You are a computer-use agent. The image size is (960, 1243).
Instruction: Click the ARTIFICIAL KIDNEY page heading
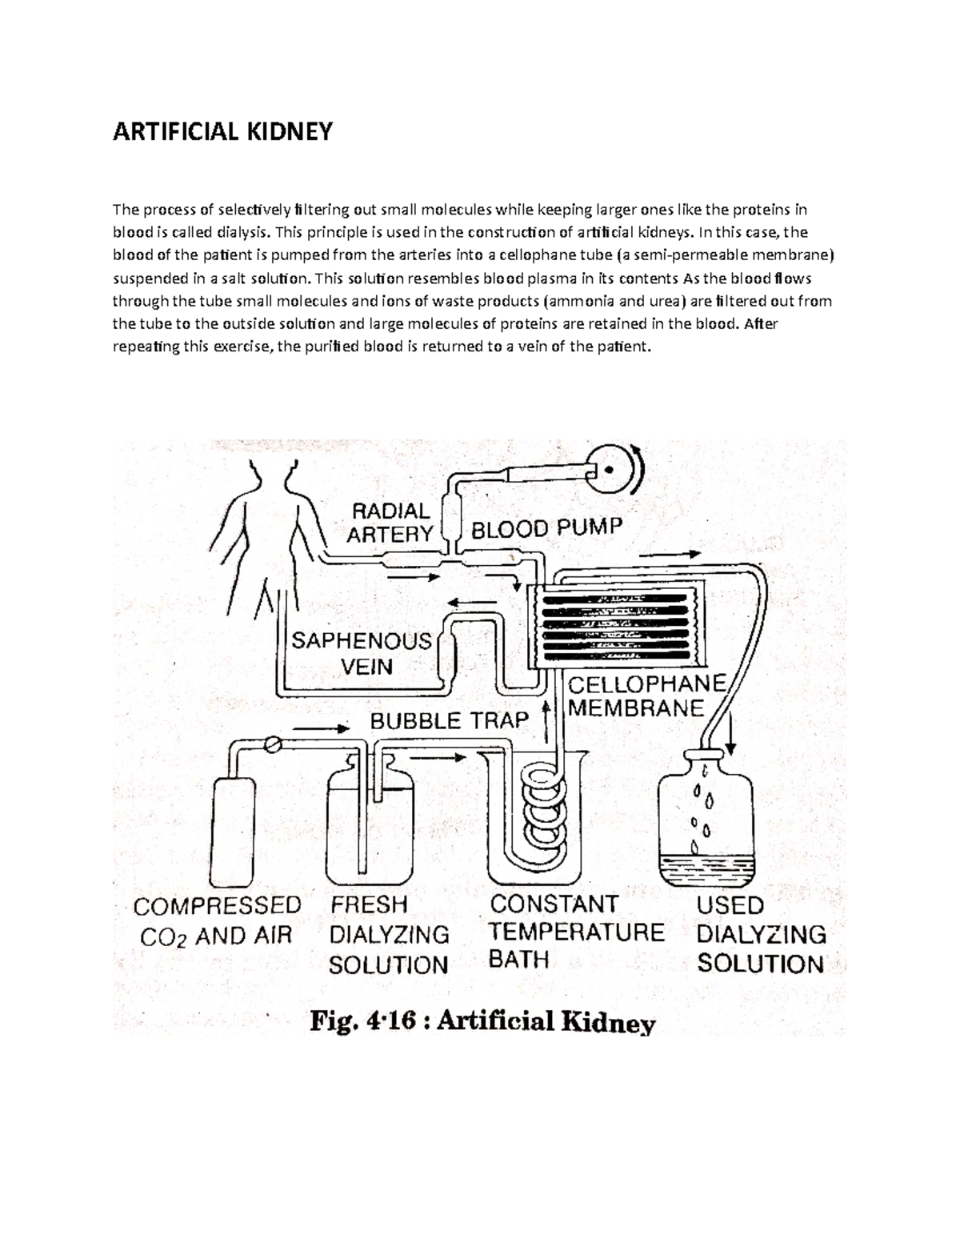[x=222, y=131]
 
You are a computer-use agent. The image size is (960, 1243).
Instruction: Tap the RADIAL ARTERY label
[x=390, y=522]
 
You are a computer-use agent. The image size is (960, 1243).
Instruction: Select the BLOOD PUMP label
[x=546, y=529]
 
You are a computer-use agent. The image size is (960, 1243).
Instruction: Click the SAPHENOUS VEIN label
[x=362, y=653]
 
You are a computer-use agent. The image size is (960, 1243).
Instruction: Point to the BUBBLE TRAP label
[x=449, y=720]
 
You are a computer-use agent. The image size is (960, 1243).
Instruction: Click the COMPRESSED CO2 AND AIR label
[x=217, y=920]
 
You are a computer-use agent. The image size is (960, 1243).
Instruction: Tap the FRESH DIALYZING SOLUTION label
[x=389, y=934]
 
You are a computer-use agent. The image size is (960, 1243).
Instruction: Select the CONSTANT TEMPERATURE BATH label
[x=576, y=932]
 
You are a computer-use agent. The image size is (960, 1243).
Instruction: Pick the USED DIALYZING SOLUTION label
[x=761, y=934]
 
